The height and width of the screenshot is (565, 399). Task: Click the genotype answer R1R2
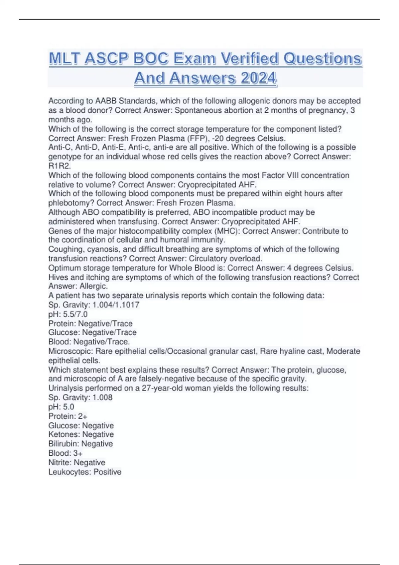pos(60,166)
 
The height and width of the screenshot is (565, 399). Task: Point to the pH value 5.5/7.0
pos(75,314)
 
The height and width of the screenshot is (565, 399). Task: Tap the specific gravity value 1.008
pos(102,397)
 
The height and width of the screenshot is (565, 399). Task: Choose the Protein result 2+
pos(83,416)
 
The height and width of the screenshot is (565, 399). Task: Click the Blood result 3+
pos(78,453)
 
